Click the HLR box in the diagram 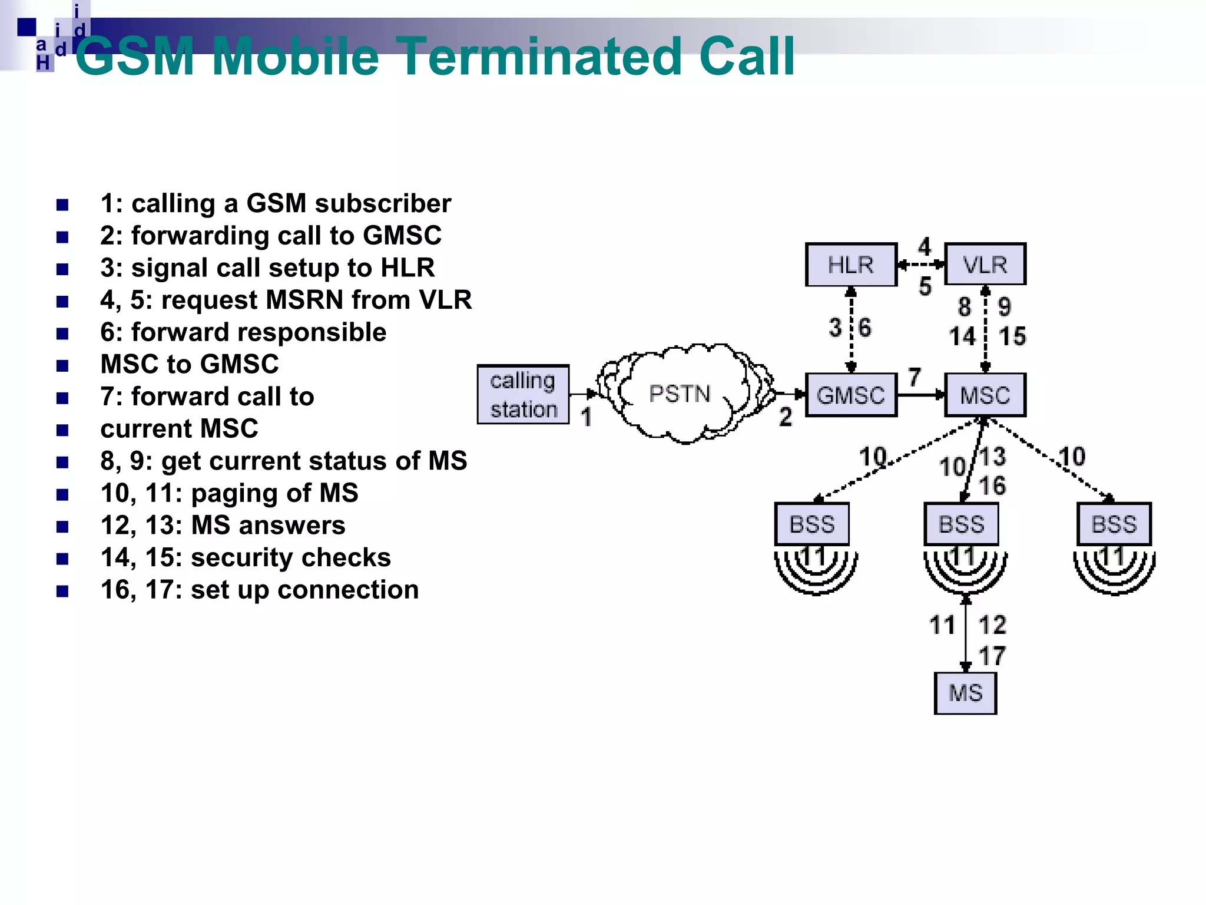pos(851,265)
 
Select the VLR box pos(985,265)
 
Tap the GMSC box pos(851,395)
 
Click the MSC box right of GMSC pos(985,395)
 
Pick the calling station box pos(523,394)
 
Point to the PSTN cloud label pos(680,394)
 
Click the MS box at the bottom pos(966,693)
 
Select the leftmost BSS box pos(812,524)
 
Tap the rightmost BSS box pos(1114,524)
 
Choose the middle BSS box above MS pos(962,524)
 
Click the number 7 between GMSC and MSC pos(915,377)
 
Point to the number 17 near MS pos(992,656)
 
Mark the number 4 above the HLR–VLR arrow pos(925,246)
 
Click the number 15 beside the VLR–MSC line pos(1012,336)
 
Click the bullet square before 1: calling pos(62,205)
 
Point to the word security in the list pos(238,557)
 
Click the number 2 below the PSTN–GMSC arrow pos(786,417)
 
